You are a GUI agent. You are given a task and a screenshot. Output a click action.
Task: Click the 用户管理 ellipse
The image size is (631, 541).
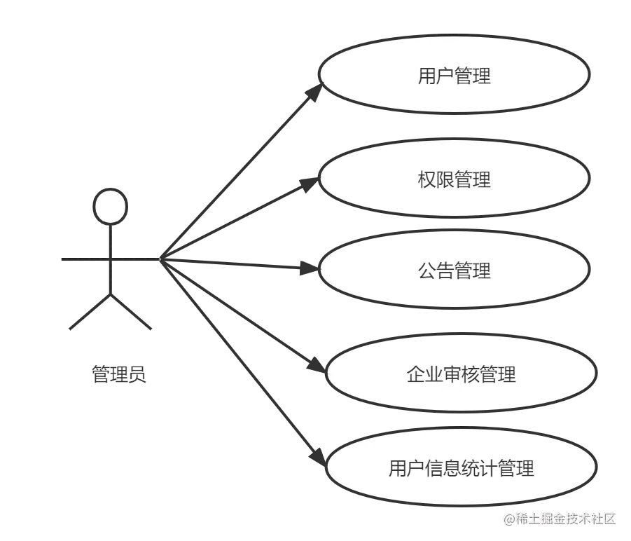[x=454, y=75]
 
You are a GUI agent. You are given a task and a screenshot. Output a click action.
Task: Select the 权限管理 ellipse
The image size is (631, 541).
[x=454, y=179]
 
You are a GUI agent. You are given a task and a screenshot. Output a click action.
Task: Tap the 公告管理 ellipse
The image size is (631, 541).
[x=454, y=270]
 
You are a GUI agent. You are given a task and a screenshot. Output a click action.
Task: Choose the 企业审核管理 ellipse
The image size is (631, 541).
[x=461, y=374]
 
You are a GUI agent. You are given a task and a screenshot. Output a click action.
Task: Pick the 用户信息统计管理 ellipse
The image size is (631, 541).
[x=461, y=467]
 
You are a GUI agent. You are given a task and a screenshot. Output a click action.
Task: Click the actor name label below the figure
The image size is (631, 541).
[x=120, y=376]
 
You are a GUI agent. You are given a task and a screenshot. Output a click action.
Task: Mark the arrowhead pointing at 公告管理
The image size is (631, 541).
[x=307, y=268]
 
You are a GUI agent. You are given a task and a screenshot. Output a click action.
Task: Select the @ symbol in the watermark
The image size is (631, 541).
[x=507, y=519]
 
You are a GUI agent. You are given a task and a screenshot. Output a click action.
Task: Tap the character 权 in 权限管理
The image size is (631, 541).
[x=427, y=180]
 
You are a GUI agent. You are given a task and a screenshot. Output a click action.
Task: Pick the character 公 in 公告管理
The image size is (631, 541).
[x=427, y=270]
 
